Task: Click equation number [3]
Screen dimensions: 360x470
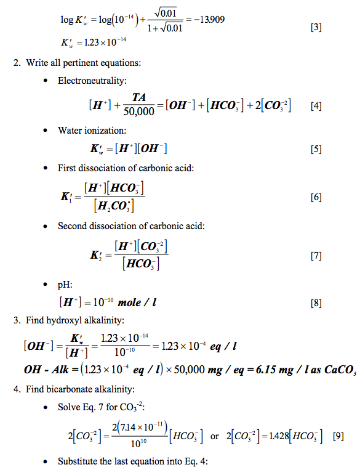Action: pos(316,28)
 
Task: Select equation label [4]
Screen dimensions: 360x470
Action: pos(316,106)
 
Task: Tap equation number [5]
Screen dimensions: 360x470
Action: pos(316,149)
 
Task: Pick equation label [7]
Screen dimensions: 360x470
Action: pos(316,256)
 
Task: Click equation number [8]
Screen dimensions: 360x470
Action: pos(316,303)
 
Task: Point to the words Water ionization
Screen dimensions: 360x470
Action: pos(87,130)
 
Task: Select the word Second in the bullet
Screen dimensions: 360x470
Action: pos(71,226)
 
